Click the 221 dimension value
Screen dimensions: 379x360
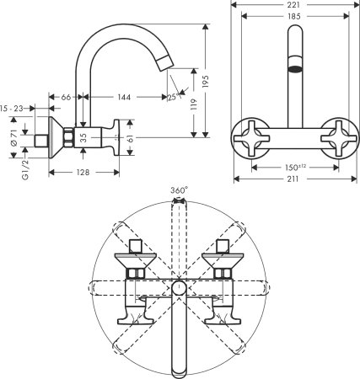click(x=293, y=4)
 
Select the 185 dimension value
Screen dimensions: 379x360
click(x=293, y=15)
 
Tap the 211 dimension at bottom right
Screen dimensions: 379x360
click(x=293, y=178)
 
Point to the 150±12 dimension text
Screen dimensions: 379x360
click(x=293, y=167)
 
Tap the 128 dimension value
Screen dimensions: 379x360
click(x=80, y=172)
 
